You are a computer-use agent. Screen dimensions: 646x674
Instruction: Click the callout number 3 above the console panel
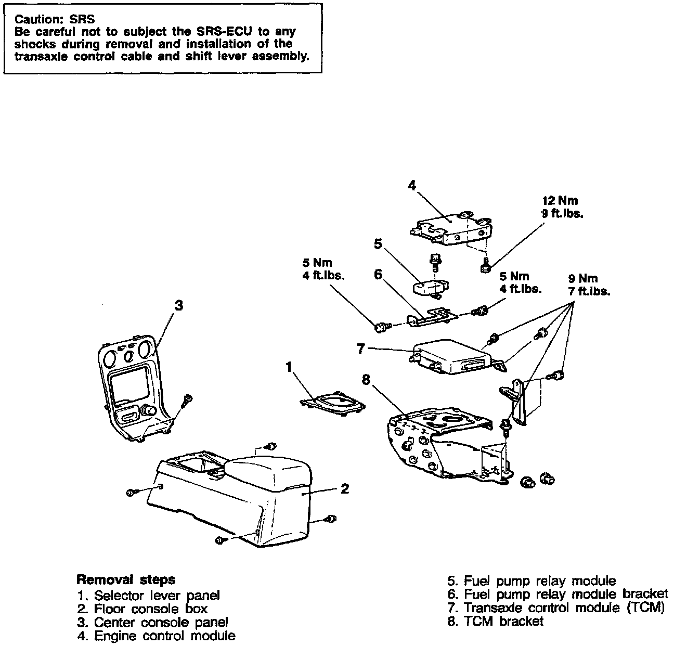pyautogui.click(x=178, y=305)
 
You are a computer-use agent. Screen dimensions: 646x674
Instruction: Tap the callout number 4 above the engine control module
pyautogui.click(x=412, y=185)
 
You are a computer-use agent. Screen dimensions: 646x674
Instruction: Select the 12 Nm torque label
pyautogui.click(x=560, y=206)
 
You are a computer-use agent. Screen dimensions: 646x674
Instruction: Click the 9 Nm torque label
pyautogui.click(x=589, y=285)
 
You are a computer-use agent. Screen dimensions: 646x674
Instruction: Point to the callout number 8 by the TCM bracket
pyautogui.click(x=366, y=380)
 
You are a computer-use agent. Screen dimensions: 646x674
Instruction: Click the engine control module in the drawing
pyautogui.click(x=450, y=227)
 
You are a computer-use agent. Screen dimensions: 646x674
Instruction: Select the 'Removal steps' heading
pyautogui.click(x=126, y=579)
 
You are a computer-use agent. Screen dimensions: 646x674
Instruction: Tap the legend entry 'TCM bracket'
pyautogui.click(x=495, y=621)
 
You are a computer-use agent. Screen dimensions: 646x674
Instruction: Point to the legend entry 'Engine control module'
pyautogui.click(x=156, y=635)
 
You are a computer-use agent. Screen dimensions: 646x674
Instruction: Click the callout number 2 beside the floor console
pyautogui.click(x=344, y=488)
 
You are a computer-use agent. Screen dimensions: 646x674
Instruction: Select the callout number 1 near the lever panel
pyautogui.click(x=289, y=367)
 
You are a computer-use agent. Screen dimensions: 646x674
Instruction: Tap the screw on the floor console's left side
pyautogui.click(x=132, y=492)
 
